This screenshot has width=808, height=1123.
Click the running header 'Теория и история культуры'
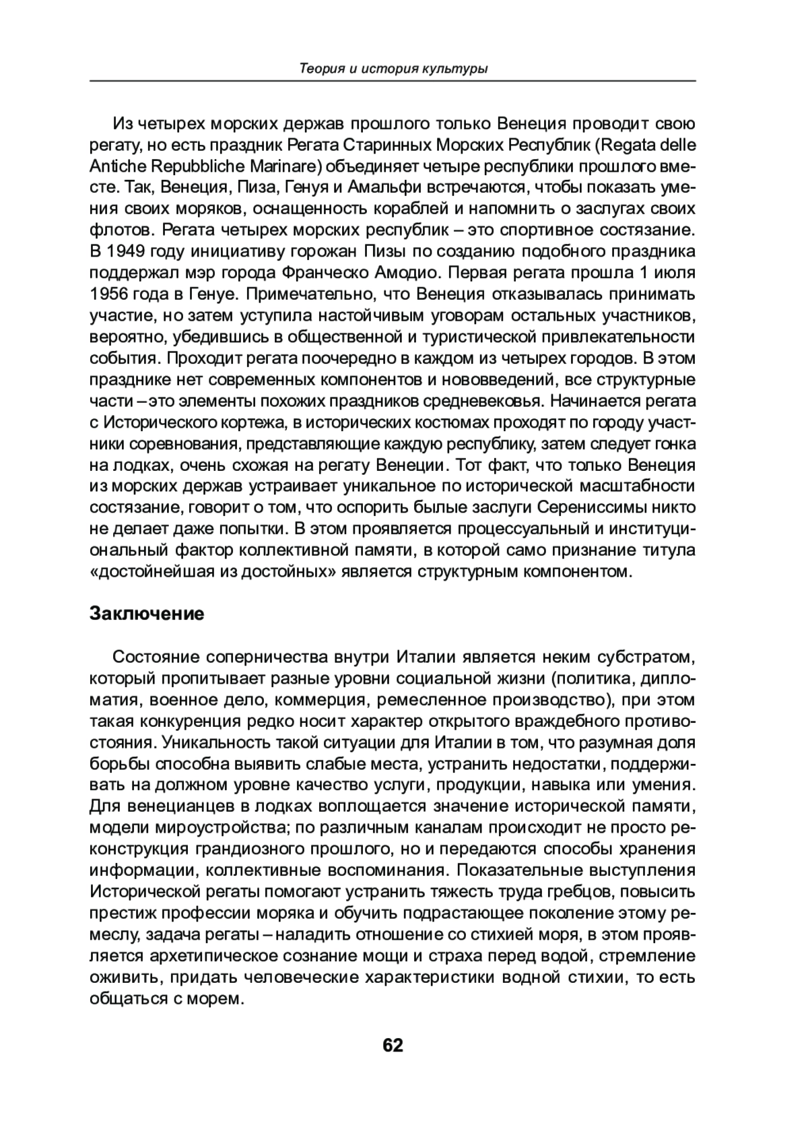click(x=393, y=69)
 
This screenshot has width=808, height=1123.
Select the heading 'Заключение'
click(x=147, y=614)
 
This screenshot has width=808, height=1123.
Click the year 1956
click(x=109, y=294)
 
